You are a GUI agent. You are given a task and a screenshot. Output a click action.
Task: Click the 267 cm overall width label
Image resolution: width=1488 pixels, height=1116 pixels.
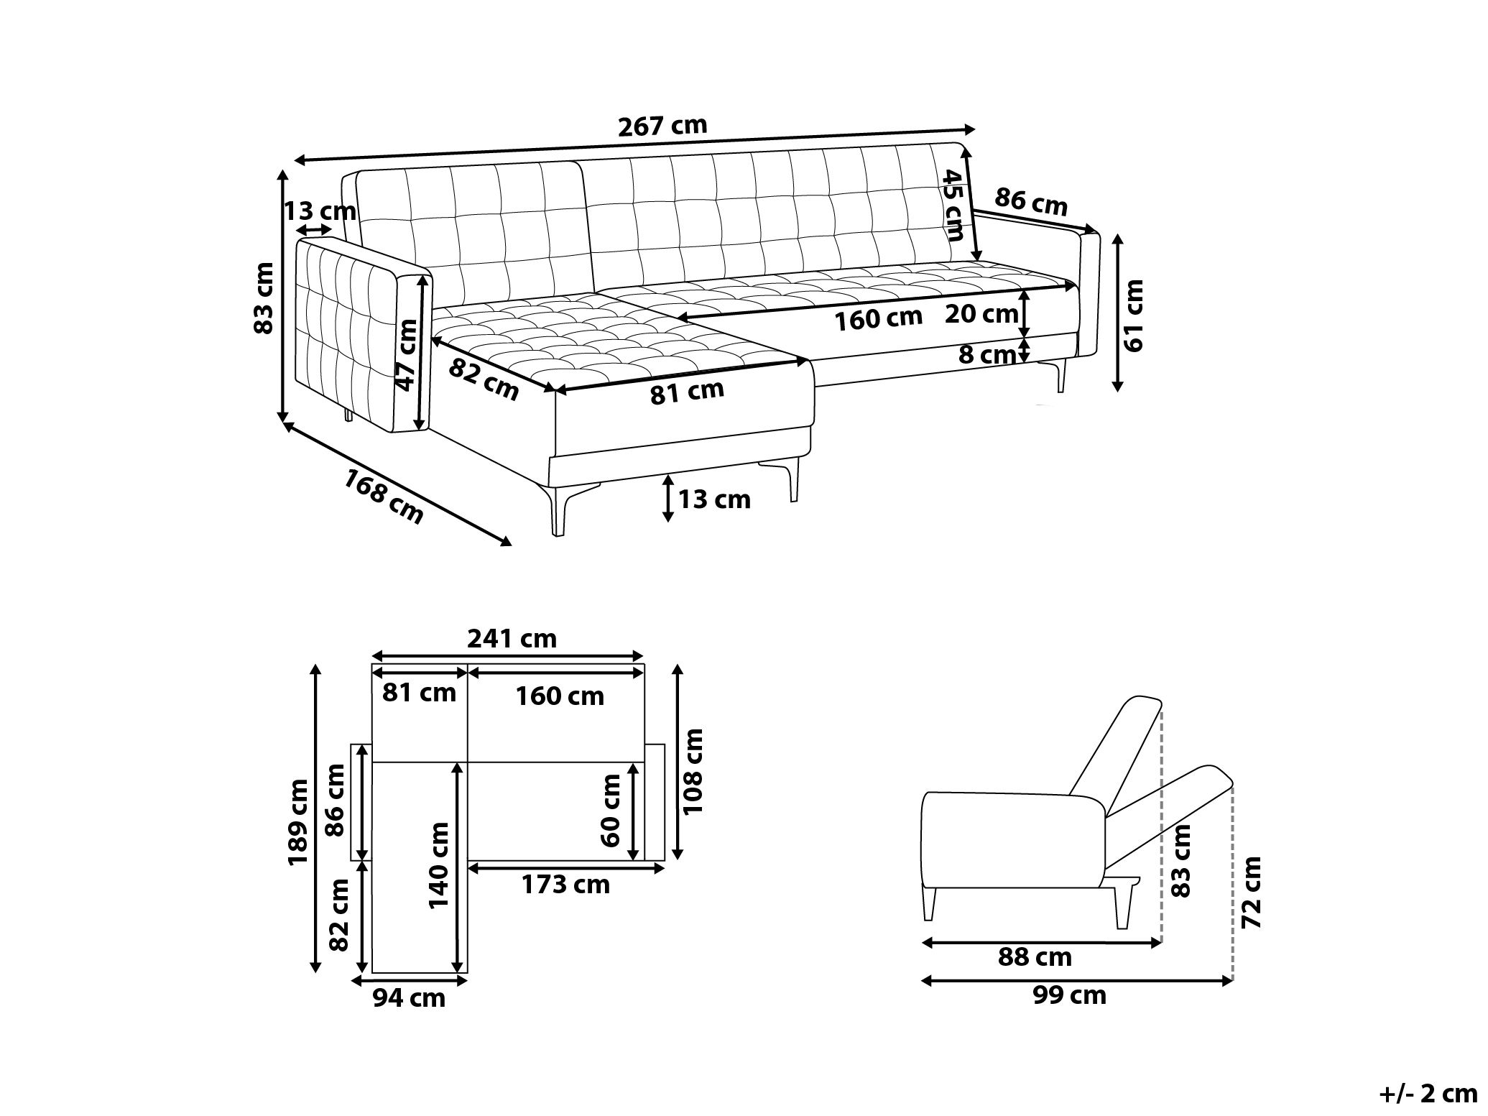662,126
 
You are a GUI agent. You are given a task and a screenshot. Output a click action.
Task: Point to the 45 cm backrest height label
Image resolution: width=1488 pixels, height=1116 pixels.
954,206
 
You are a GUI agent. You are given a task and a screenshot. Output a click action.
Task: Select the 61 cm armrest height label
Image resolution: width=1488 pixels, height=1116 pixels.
1134,315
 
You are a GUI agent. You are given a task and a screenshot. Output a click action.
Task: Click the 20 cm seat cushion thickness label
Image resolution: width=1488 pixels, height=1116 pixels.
981,314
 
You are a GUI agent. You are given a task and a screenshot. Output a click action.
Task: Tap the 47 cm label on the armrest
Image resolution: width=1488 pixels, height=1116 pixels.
407,355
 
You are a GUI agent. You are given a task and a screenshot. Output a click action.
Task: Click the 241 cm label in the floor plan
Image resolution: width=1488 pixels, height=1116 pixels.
512,638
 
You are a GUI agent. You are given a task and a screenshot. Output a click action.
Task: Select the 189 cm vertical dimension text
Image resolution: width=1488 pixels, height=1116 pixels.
297,822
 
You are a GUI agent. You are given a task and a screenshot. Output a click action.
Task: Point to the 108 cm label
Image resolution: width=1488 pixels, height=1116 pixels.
693,771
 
